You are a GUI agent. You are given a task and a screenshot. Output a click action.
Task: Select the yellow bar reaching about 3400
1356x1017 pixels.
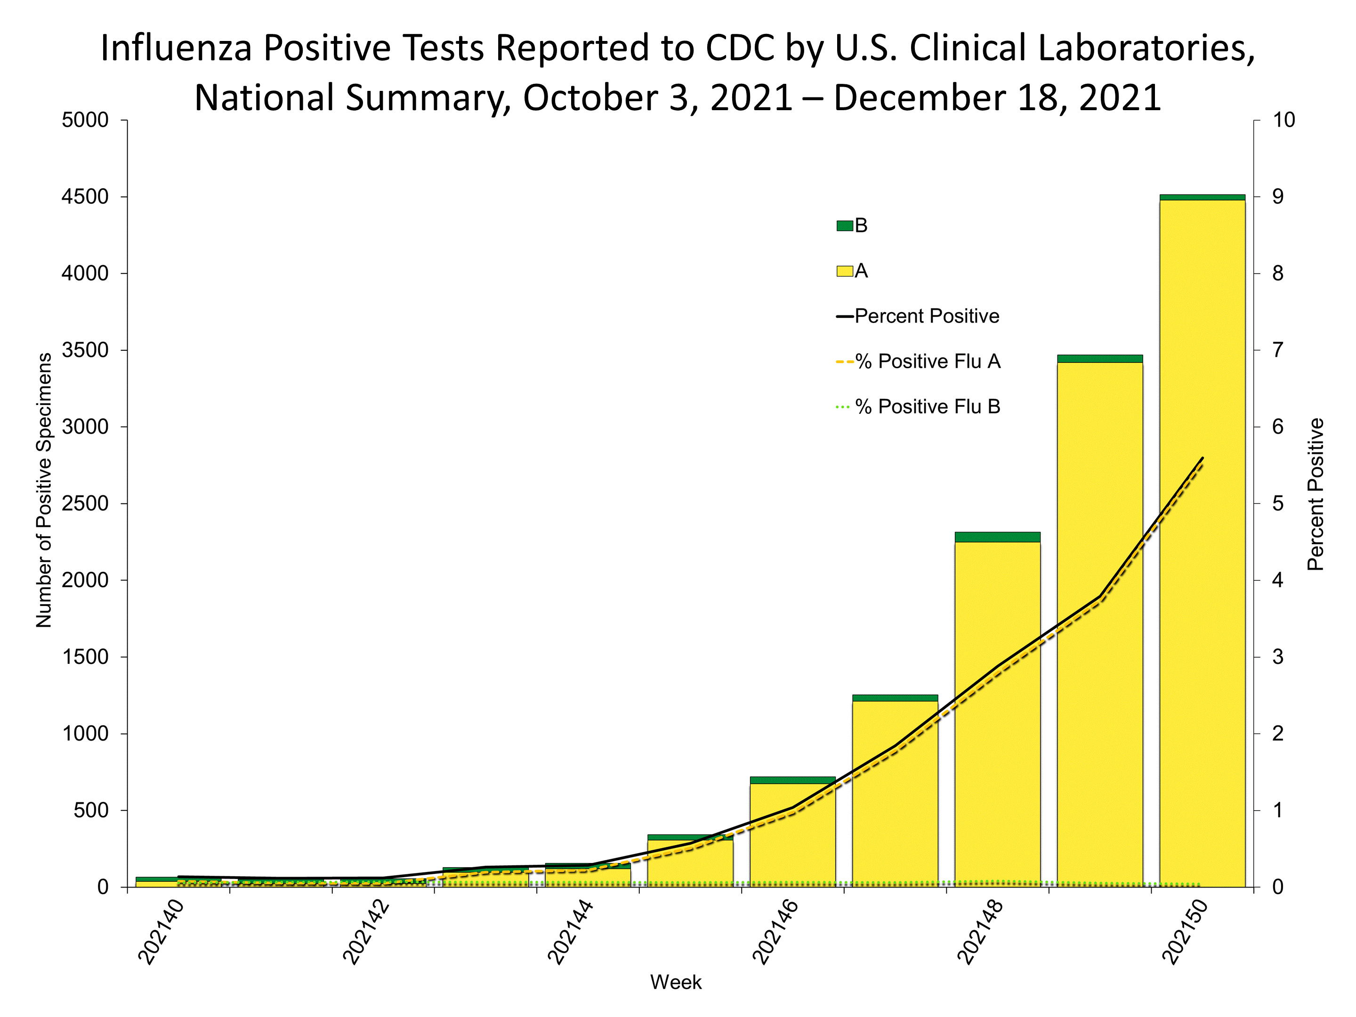tap(1100, 674)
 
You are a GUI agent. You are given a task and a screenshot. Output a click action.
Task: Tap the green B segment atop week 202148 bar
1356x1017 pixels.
tap(997, 537)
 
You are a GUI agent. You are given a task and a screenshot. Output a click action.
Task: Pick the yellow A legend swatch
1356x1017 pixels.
tap(845, 271)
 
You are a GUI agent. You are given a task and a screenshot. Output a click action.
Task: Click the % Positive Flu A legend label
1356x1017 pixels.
tap(928, 362)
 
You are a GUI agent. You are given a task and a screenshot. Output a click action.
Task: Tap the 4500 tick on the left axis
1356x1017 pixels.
tap(85, 197)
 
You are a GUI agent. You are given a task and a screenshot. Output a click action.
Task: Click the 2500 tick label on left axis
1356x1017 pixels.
tap(85, 503)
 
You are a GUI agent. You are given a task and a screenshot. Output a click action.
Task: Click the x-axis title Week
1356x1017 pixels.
tap(676, 983)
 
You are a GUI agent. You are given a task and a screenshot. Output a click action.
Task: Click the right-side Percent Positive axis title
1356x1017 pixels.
tap(1316, 494)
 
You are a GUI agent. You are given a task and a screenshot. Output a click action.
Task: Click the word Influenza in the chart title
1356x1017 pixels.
tap(177, 48)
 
